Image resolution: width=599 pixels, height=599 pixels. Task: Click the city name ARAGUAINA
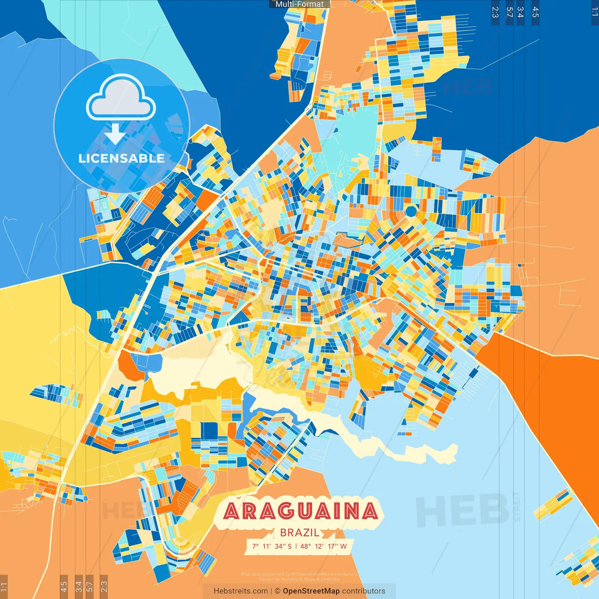click(x=301, y=511)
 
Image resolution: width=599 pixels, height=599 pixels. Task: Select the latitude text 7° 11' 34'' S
click(x=272, y=546)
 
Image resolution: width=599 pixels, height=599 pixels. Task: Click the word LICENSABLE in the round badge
click(x=122, y=158)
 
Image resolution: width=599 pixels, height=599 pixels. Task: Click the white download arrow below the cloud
click(x=115, y=134)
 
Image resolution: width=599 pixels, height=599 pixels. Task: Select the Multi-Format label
click(x=299, y=4)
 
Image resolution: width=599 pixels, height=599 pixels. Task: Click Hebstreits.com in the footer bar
click(x=241, y=591)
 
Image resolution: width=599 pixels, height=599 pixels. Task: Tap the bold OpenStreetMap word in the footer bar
click(x=311, y=591)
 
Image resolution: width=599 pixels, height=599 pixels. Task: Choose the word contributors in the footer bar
click(x=364, y=591)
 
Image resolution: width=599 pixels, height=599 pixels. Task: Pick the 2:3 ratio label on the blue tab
click(x=495, y=12)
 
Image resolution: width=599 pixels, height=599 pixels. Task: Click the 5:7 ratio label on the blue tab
click(x=509, y=12)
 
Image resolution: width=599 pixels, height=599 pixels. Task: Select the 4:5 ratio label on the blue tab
click(x=535, y=12)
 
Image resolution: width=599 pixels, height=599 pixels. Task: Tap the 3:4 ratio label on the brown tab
click(x=79, y=586)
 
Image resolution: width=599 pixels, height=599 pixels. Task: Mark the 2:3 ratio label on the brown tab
click(x=104, y=586)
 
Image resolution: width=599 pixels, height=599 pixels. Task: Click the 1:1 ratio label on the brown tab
click(x=4, y=586)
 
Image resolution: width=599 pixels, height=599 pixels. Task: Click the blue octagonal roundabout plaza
click(x=410, y=212)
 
